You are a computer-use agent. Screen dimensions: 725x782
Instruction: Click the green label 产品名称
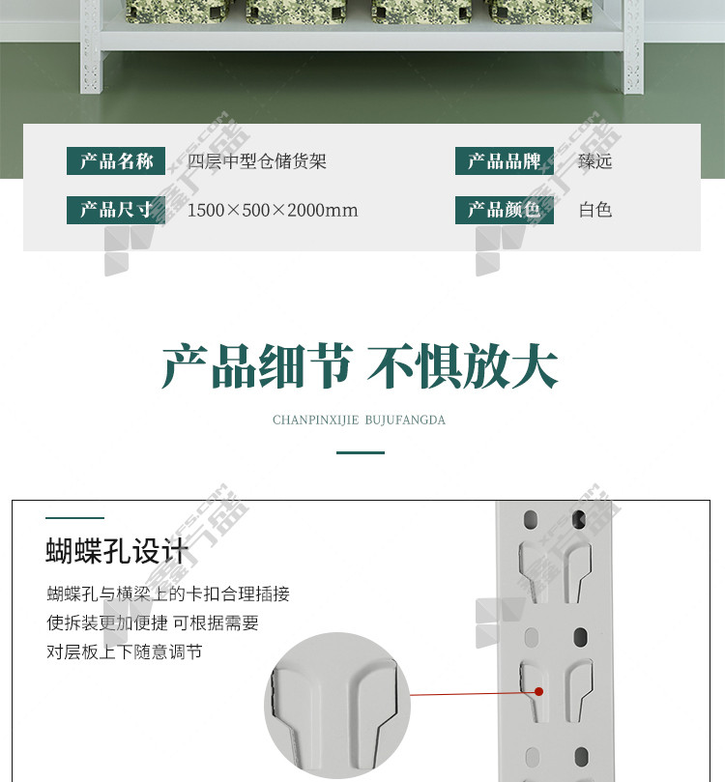(x=116, y=161)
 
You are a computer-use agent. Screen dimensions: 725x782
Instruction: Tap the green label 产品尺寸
(x=116, y=210)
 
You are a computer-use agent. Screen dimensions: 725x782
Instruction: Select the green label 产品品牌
(x=504, y=161)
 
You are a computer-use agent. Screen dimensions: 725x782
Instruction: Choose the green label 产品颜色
(x=504, y=210)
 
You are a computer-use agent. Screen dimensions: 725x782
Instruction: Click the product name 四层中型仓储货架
(x=257, y=161)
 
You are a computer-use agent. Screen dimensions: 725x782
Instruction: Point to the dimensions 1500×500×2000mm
(x=273, y=211)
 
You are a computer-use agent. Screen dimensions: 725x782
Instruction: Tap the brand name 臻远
(x=594, y=161)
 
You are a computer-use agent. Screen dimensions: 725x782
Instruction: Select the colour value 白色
(x=595, y=210)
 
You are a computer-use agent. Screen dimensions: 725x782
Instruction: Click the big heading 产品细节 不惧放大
(x=360, y=366)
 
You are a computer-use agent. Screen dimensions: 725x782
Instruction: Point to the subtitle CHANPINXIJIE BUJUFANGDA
(x=359, y=420)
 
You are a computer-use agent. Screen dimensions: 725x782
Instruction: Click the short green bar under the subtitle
(x=361, y=452)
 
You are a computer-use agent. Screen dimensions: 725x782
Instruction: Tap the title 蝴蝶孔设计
(x=118, y=551)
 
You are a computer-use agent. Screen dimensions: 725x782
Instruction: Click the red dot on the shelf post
(x=539, y=691)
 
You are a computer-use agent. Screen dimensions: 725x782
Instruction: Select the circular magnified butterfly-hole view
(x=337, y=706)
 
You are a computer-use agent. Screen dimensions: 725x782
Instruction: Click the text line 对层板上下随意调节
(x=124, y=652)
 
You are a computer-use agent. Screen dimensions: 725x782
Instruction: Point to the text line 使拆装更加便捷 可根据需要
(x=153, y=623)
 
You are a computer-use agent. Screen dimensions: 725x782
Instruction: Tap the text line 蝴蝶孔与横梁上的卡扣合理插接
(x=168, y=594)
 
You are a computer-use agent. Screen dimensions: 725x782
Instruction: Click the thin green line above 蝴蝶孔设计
(x=74, y=518)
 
